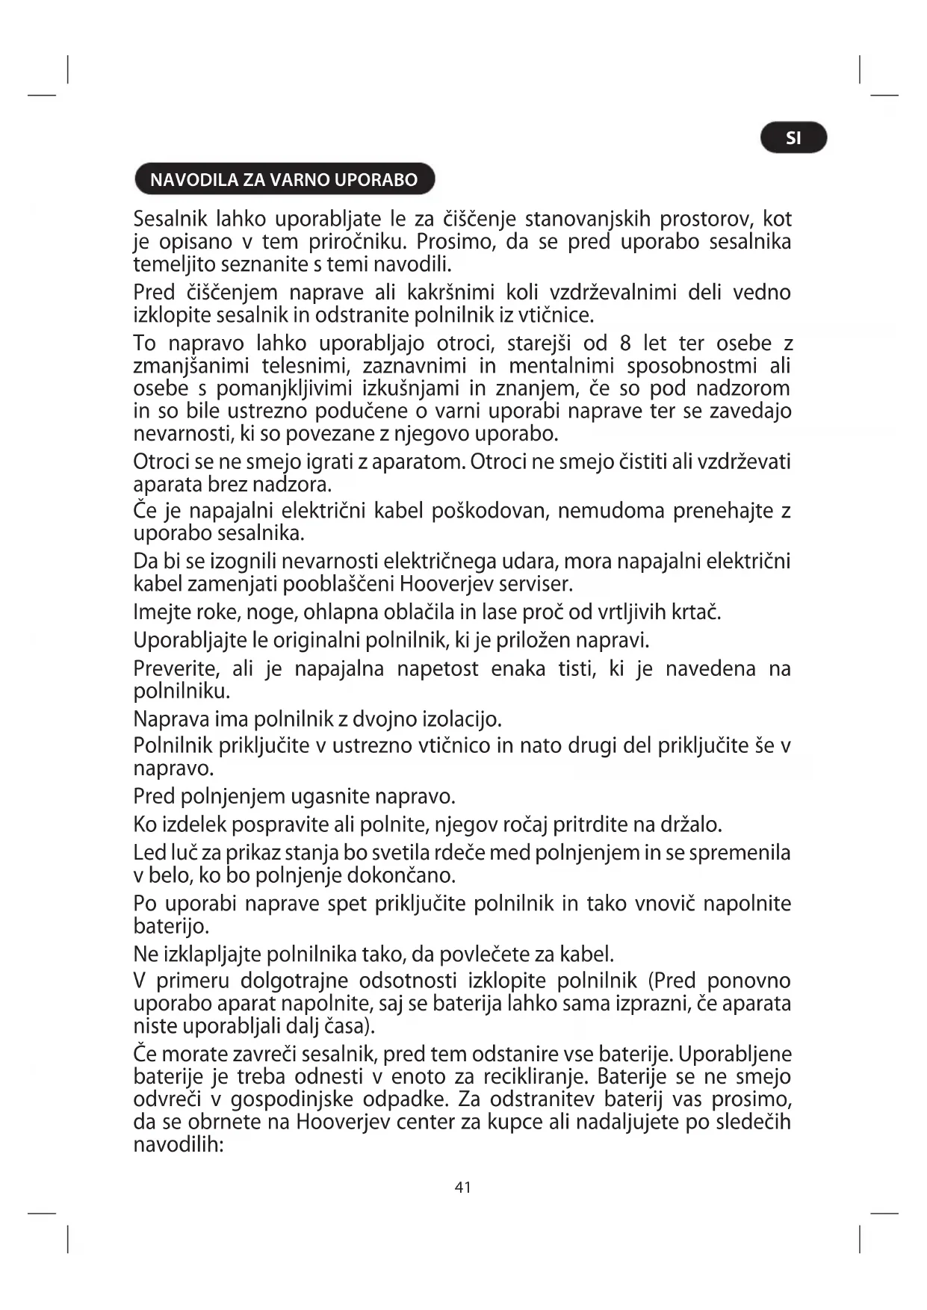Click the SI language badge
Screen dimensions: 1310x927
tap(793, 138)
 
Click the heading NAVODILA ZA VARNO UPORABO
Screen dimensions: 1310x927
tap(284, 180)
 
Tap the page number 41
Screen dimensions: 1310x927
tap(463, 1187)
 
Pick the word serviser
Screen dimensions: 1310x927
tap(536, 583)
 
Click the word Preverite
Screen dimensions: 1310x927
tap(176, 668)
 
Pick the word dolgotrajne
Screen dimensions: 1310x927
tap(294, 981)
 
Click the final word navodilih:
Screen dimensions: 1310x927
tap(179, 1144)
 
